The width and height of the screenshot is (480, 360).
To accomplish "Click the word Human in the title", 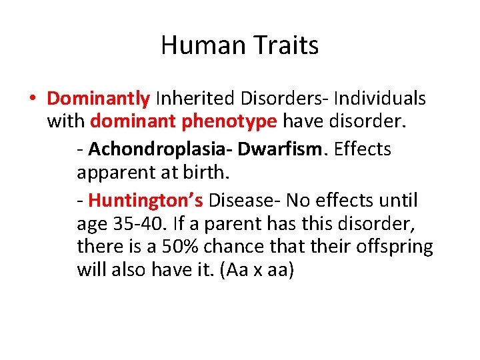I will (x=201, y=45).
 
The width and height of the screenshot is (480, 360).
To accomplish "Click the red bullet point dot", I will (x=32, y=99).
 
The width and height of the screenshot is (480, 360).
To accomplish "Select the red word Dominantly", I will (x=98, y=99).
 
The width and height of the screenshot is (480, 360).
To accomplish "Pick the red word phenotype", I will (x=233, y=122).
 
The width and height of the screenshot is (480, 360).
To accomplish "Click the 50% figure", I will (x=178, y=247).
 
